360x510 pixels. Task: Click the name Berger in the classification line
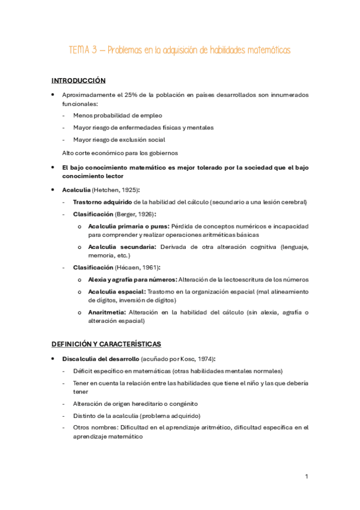(x=128, y=214)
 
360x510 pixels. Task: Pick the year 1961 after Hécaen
(x=142, y=267)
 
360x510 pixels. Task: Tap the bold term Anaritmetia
(x=106, y=312)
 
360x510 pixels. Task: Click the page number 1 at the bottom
(x=307, y=476)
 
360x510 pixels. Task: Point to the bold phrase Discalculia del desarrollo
(x=100, y=358)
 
